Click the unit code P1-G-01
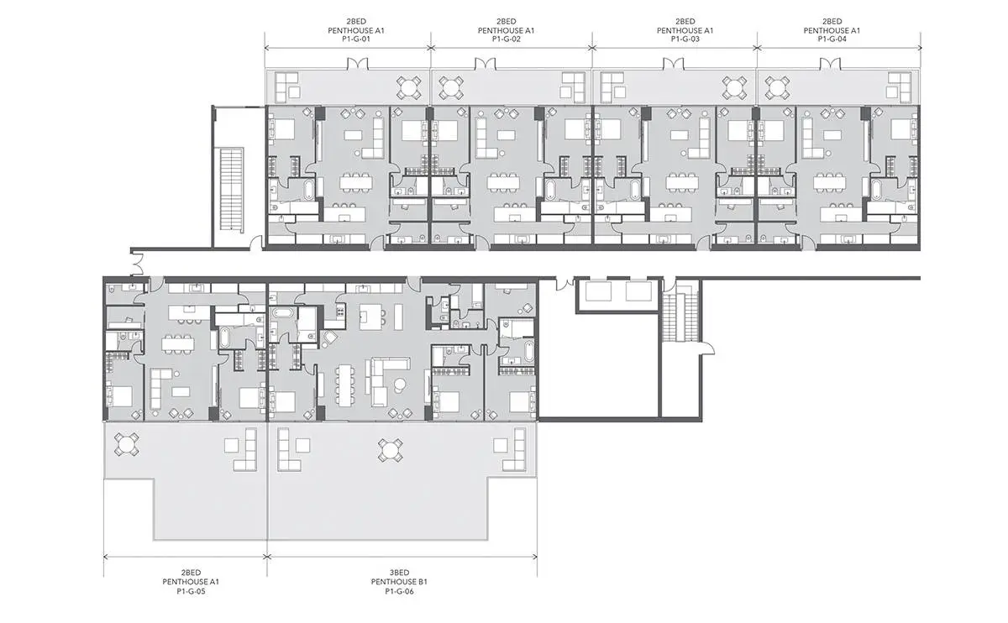(356, 39)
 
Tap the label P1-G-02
(506, 39)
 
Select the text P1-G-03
(685, 39)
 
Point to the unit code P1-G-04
(832, 39)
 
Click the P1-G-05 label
(191, 591)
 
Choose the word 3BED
(399, 573)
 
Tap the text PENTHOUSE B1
(399, 582)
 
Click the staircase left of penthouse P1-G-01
(231, 190)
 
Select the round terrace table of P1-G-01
(409, 87)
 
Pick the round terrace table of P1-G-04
(777, 87)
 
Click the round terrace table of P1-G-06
(391, 450)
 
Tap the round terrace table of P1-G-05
(126, 444)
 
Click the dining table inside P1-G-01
(356, 183)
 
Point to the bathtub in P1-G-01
(310, 190)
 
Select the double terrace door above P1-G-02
(486, 64)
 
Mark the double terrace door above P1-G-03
(674, 64)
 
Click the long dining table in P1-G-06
(345, 385)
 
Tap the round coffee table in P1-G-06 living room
(400, 385)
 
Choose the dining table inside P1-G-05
(178, 344)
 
